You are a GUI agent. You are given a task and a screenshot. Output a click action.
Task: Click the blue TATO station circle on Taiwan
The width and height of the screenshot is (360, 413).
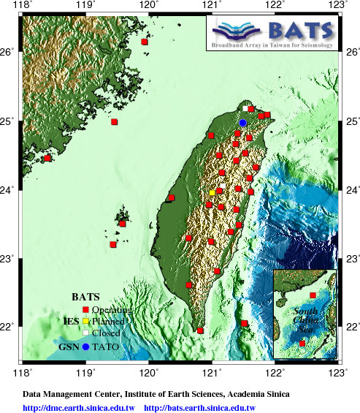[243, 123]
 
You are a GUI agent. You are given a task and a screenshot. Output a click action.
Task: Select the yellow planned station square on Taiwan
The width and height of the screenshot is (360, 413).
[212, 192]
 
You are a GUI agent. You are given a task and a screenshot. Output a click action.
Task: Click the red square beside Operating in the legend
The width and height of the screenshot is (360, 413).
[85, 310]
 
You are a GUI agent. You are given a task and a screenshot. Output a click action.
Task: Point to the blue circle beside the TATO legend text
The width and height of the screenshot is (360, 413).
[85, 346]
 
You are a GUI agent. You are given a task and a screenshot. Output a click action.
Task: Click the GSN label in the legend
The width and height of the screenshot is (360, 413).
[69, 346]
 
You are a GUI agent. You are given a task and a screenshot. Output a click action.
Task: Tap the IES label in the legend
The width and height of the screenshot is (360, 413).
[72, 321]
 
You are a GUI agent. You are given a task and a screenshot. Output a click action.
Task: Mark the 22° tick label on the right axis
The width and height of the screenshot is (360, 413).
[351, 326]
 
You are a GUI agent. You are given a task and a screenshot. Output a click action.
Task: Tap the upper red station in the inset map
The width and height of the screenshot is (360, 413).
[313, 295]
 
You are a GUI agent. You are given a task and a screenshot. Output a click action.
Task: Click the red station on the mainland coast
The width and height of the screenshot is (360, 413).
[48, 158]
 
